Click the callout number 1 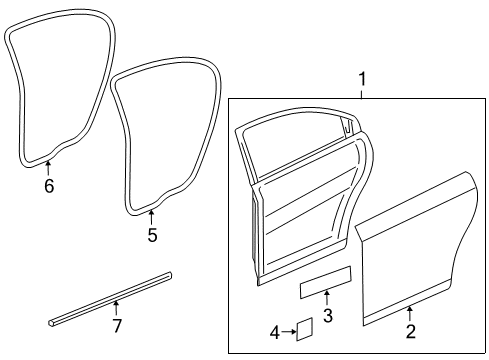(362, 78)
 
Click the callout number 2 (410, 330)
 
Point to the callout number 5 (152, 236)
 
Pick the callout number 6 (48, 185)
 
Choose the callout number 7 (116, 326)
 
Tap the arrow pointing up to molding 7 (116, 309)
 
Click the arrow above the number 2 (410, 314)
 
